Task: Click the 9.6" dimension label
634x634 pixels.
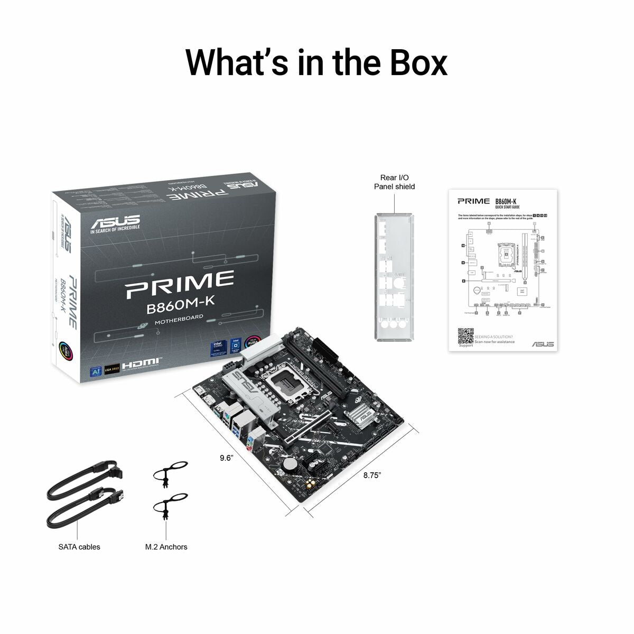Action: [x=226, y=458]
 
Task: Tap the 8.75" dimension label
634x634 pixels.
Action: [x=372, y=475]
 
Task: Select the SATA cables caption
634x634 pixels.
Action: [x=79, y=547]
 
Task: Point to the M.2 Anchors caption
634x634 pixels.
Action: [x=166, y=547]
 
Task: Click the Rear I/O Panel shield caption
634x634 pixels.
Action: [x=394, y=182]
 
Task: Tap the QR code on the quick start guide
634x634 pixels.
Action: [x=465, y=336]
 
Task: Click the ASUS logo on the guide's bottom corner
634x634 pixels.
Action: [x=543, y=344]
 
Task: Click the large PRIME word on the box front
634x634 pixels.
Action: [x=180, y=282]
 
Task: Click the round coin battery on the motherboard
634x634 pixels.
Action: [x=288, y=463]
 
